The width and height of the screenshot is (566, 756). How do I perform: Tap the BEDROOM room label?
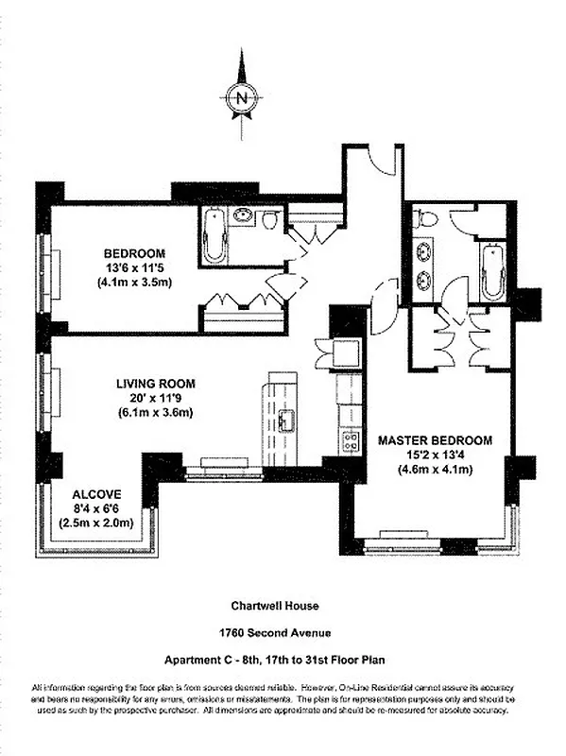tap(134, 253)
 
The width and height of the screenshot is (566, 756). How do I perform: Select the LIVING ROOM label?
tap(156, 384)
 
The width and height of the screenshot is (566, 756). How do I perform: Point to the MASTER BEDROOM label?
tap(436, 440)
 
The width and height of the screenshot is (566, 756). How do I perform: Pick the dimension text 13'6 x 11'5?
tap(134, 268)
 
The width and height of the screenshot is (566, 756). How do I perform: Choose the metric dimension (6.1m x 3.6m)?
tap(156, 413)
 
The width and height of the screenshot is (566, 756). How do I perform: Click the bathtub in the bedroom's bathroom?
tap(214, 236)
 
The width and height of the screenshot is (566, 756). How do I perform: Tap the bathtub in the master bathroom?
tap(492, 270)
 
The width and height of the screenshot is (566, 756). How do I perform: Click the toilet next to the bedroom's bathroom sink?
tap(269, 221)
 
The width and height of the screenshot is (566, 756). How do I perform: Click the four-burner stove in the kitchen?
tap(350, 440)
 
